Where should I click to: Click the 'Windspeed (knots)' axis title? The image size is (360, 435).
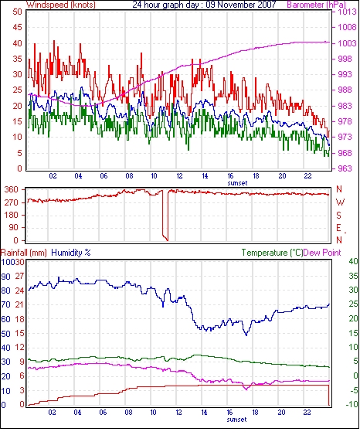pyautogui.click(x=61, y=5)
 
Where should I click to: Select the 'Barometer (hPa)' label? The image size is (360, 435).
pyautogui.click(x=317, y=5)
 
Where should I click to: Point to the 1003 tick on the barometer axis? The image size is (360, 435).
pyautogui.click(x=347, y=43)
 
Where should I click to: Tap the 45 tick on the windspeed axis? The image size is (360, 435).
pyautogui.click(x=17, y=28)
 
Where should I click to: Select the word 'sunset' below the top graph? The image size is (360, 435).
pyautogui.click(x=237, y=183)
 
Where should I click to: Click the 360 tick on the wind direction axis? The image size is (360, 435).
pyautogui.click(x=12, y=190)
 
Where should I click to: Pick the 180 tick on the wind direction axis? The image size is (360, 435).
pyautogui.click(x=12, y=215)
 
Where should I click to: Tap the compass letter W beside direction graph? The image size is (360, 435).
pyautogui.click(x=340, y=202)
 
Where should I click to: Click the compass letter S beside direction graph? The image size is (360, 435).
pyautogui.click(x=338, y=215)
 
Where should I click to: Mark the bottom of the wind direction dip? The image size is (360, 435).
pyautogui.click(x=167, y=240)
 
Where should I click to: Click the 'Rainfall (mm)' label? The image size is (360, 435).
pyautogui.click(x=24, y=253)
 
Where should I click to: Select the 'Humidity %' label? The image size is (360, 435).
pyautogui.click(x=71, y=253)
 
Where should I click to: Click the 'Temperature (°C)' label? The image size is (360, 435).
pyautogui.click(x=272, y=253)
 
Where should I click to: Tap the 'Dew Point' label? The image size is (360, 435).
pyautogui.click(x=322, y=253)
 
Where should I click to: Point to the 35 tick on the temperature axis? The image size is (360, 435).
pyautogui.click(x=354, y=276)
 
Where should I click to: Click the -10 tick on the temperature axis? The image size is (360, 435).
pyautogui.click(x=352, y=405)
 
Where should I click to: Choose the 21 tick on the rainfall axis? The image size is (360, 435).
pyautogui.click(x=20, y=304)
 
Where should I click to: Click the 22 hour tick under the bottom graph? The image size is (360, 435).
pyautogui.click(x=307, y=413)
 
